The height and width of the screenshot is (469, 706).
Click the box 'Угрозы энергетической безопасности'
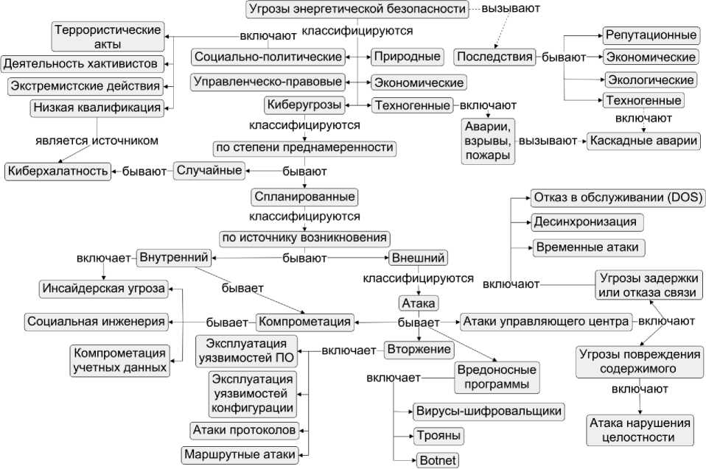click(x=357, y=10)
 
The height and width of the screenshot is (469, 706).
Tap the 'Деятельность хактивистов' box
click(x=83, y=63)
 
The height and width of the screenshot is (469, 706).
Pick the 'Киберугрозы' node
click(x=305, y=105)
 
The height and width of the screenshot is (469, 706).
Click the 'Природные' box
click(x=407, y=56)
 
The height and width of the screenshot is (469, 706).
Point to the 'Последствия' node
click(x=494, y=57)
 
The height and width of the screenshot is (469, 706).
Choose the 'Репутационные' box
click(x=651, y=35)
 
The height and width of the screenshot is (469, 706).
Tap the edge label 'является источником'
click(x=97, y=139)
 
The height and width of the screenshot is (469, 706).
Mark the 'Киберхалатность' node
click(x=57, y=172)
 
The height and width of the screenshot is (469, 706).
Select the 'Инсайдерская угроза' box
click(x=102, y=288)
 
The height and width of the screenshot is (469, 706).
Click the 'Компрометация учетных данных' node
click(x=119, y=360)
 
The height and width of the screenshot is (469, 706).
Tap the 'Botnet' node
click(x=437, y=461)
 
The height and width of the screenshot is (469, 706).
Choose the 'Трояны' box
click(x=438, y=435)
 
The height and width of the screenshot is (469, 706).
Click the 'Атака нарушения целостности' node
click(x=640, y=430)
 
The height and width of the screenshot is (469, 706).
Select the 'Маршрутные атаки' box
click(x=240, y=454)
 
